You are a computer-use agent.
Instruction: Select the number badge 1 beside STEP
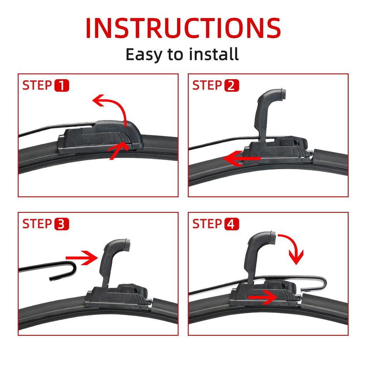(61, 86)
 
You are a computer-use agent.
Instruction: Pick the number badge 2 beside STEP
(232, 86)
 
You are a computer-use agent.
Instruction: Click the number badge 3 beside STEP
(61, 224)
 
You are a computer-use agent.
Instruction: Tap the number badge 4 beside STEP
(232, 224)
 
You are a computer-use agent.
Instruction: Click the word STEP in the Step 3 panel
(37, 224)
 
